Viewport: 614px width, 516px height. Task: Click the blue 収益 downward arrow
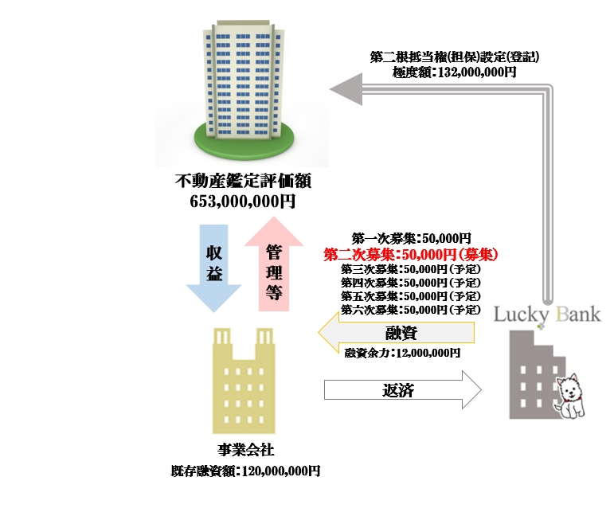click(x=213, y=267)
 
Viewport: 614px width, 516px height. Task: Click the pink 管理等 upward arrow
click(x=273, y=267)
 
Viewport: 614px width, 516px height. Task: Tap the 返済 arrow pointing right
click(x=403, y=391)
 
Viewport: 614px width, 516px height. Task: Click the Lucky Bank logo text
click(x=547, y=313)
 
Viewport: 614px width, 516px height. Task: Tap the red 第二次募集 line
click(x=411, y=254)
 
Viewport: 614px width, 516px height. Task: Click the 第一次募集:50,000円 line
click(x=411, y=237)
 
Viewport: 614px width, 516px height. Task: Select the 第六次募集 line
click(x=411, y=309)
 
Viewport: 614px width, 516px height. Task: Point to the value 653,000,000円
click(x=243, y=201)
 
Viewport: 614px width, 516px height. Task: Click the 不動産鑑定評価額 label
click(x=243, y=182)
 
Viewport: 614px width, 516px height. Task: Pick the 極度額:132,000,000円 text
click(x=455, y=72)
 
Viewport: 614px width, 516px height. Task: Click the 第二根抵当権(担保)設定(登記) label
click(x=455, y=57)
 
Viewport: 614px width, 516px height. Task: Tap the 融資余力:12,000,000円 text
click(x=403, y=351)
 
